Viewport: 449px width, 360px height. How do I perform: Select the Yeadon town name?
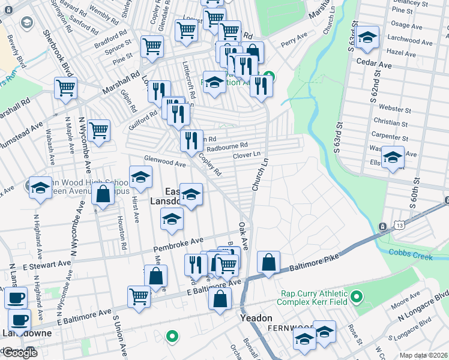(257, 318)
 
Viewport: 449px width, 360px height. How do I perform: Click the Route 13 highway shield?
(399, 224)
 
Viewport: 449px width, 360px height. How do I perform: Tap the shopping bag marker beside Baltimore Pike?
(268, 262)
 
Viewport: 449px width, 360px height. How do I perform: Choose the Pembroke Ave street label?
(178, 245)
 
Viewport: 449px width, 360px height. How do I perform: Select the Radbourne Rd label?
(227, 146)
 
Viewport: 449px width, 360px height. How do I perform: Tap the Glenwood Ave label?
(164, 162)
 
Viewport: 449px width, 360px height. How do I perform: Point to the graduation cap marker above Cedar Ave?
(367, 37)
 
